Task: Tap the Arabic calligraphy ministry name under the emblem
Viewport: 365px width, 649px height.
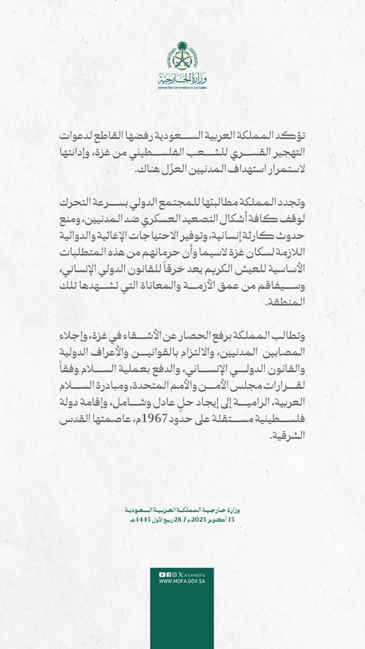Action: pos(182,78)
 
